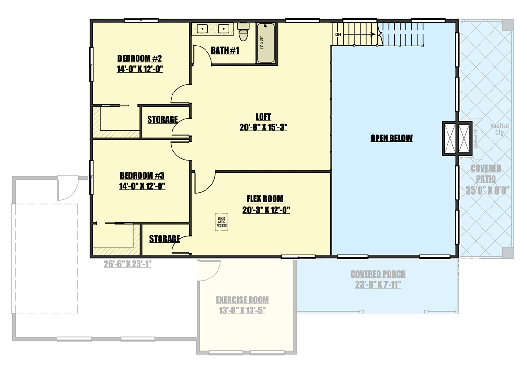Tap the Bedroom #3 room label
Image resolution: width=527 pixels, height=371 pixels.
(142, 175)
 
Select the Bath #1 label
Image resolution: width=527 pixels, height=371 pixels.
(225, 50)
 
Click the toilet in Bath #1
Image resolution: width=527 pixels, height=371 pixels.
(244, 33)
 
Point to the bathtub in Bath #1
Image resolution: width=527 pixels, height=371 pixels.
(266, 43)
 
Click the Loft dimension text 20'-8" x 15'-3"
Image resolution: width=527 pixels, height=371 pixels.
(263, 128)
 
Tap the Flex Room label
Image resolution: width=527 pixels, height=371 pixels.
(264, 198)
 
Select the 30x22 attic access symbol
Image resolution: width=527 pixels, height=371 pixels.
(221, 221)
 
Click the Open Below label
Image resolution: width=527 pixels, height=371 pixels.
(391, 139)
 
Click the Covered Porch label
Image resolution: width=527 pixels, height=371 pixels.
(378, 274)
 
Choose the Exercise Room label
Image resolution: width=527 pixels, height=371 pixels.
(242, 300)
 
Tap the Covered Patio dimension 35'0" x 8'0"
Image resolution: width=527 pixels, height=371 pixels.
(486, 190)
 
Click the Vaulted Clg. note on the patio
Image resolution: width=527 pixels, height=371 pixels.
(499, 129)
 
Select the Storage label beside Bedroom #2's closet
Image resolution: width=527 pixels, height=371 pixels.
(162, 120)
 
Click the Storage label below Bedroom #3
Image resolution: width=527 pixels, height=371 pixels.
(164, 239)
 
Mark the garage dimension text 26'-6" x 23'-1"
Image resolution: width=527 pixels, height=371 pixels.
(127, 264)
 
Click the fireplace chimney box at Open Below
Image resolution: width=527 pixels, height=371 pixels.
(451, 138)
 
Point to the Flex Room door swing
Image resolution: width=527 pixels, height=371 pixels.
(204, 182)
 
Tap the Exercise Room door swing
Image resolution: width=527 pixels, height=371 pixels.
(208, 271)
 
